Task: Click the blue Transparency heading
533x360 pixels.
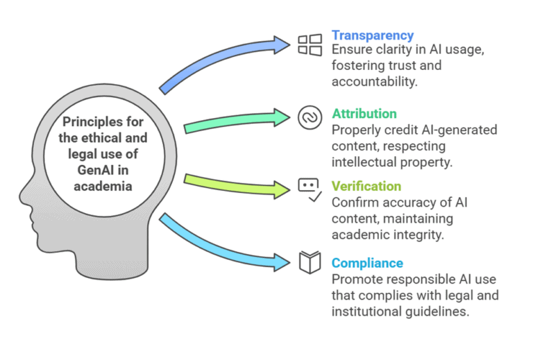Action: coord(372,35)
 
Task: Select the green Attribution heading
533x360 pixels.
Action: coord(364,114)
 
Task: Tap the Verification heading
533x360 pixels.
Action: coord(366,186)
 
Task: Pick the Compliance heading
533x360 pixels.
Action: coord(367,263)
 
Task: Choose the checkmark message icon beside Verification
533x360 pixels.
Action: coord(310,189)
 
